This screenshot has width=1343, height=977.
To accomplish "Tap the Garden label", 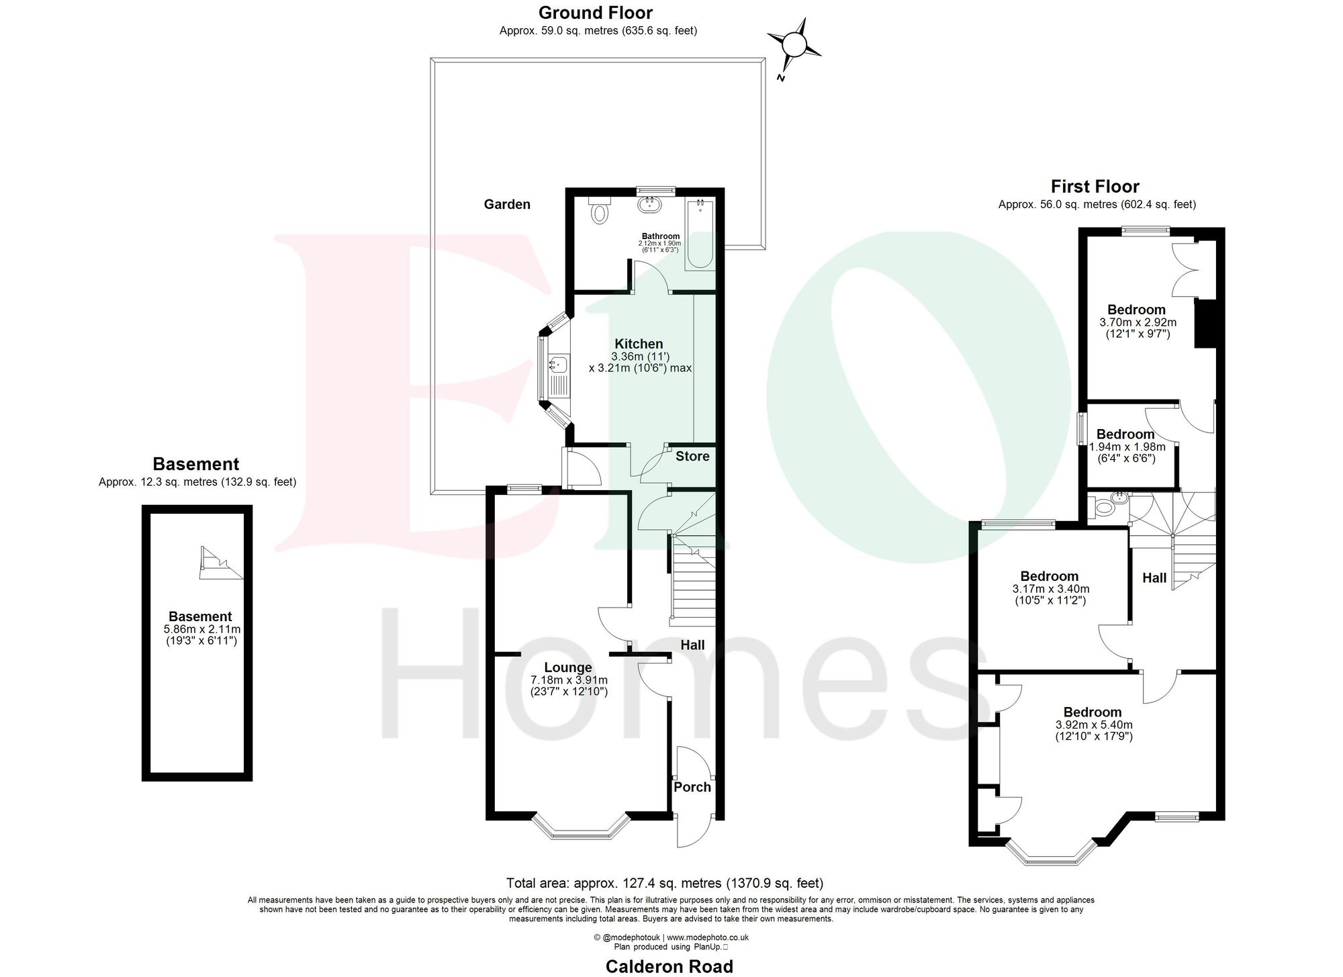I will click(x=507, y=205).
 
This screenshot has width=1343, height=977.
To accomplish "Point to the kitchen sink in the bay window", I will click(x=557, y=365).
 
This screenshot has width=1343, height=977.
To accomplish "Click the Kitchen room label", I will click(x=639, y=344).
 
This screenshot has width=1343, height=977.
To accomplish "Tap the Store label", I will click(x=692, y=457).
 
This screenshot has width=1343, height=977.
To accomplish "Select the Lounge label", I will click(x=568, y=667).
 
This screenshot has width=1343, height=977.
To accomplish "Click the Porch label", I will click(x=692, y=787).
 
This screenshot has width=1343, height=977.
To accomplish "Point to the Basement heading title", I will click(x=196, y=464).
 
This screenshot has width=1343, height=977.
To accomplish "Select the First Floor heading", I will click(x=1095, y=187).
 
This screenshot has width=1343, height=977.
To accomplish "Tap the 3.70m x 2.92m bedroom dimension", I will click(x=1138, y=322).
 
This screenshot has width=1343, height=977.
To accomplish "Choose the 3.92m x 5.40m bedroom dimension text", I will click(x=1094, y=725).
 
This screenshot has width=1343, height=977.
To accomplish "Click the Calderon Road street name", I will click(x=669, y=966).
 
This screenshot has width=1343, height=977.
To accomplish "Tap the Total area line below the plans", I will click(x=664, y=883).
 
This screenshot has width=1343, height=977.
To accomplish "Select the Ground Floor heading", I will click(x=596, y=13).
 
